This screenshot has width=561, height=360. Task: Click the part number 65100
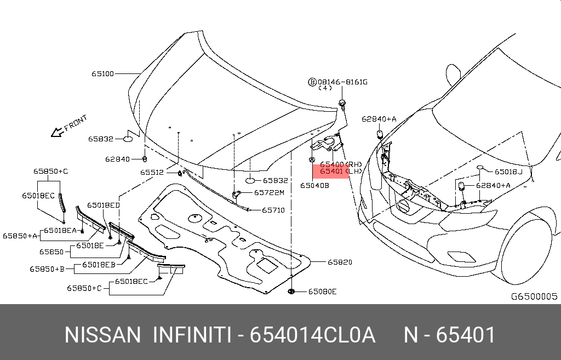coord(102,73)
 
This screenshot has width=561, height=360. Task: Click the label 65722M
coord(269,193)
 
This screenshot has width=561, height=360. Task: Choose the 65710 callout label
coord(273,210)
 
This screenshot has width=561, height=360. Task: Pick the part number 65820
coord(340,262)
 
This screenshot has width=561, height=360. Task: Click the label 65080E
coord(322,292)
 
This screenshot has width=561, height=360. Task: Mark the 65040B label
coord(314,185)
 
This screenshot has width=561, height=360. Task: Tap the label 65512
coord(152,172)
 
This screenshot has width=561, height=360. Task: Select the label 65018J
coord(508,172)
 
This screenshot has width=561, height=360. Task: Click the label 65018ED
coord(103,205)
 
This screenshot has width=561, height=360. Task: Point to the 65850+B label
coord(48,269)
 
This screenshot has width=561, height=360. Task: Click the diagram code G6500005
coord(534,296)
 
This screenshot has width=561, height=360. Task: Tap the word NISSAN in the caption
coord(102,335)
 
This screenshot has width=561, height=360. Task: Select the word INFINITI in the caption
coord(191,335)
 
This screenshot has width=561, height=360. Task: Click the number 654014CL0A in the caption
coord(312,335)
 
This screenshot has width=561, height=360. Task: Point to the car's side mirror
coord(453,77)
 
